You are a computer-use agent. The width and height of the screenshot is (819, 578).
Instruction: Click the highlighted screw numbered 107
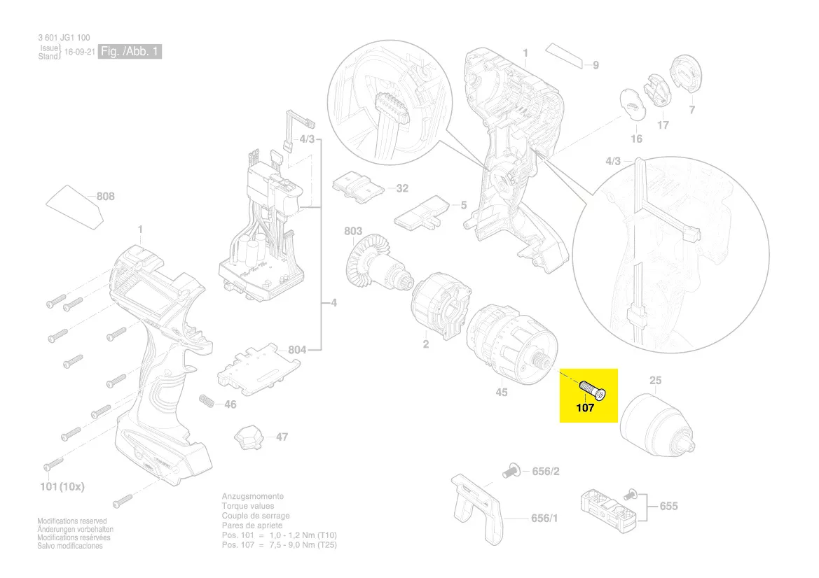[593, 389]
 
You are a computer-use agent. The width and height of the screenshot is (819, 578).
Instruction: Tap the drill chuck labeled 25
[656, 423]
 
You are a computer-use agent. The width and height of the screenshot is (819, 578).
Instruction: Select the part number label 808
[105, 197]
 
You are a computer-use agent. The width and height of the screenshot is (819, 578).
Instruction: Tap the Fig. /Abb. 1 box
[130, 52]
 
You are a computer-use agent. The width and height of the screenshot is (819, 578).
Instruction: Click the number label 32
[402, 188]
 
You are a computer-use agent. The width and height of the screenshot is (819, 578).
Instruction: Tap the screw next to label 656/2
[511, 471]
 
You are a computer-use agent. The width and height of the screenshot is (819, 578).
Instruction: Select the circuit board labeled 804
[259, 365]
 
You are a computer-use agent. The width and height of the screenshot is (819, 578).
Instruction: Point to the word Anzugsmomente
[252, 496]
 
